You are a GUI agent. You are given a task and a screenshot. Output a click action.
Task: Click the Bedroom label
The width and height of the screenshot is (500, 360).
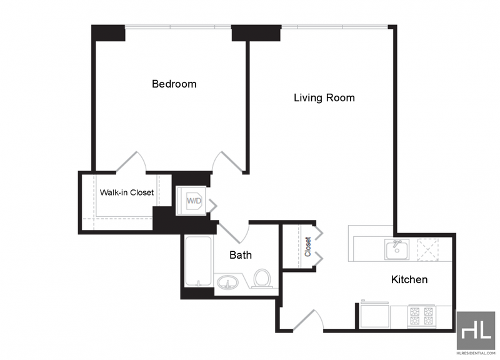(174, 84)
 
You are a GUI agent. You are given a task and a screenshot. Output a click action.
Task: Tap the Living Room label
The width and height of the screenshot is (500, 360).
(324, 97)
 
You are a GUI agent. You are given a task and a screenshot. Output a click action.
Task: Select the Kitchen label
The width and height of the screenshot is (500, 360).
(409, 279)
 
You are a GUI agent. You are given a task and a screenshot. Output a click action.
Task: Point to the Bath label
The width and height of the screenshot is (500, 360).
(241, 255)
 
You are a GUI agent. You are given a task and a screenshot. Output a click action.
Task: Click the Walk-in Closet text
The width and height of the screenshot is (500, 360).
(127, 192)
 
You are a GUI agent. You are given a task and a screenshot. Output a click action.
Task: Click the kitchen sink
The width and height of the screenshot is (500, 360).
(397, 249)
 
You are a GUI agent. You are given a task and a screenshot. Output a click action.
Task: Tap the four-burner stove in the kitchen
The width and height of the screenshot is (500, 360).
(421, 316)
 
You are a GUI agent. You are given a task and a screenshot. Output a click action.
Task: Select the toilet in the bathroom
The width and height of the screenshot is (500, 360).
(262, 278)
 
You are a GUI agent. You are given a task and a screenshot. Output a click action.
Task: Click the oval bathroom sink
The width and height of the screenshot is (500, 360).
(227, 282)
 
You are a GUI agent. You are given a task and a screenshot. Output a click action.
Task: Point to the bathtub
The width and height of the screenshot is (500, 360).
(198, 261)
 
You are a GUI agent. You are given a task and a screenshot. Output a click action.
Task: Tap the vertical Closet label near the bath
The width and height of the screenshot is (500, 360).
(307, 247)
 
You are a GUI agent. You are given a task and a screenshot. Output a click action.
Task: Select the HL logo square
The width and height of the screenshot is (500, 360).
(476, 331)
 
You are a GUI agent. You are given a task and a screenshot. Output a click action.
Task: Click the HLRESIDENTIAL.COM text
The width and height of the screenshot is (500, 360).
(476, 353)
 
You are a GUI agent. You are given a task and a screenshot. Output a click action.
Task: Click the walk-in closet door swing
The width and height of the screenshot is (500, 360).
(131, 162)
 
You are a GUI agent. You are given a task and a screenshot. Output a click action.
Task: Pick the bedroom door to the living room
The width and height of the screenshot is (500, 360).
(227, 162)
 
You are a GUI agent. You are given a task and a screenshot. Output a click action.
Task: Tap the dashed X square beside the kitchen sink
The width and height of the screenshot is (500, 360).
(428, 249)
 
